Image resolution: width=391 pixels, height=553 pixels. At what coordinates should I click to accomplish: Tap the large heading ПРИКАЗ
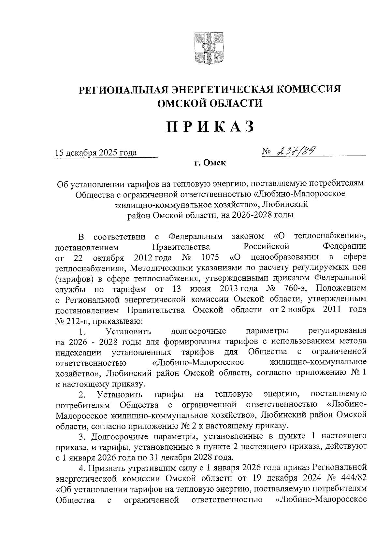pos(210,127)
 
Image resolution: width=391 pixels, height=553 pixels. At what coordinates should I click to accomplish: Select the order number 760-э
pos(296,289)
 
